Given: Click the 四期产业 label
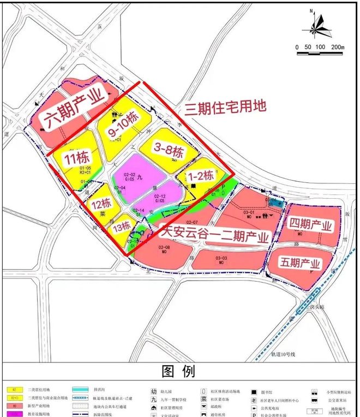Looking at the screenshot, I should coord(310,224).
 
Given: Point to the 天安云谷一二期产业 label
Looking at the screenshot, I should coord(216,237).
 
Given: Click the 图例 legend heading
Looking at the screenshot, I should coord(179,372).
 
